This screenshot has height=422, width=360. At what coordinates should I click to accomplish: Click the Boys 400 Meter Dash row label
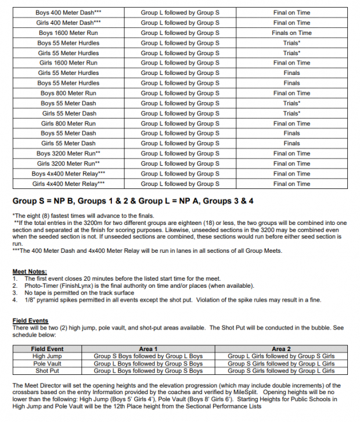[x=68, y=13]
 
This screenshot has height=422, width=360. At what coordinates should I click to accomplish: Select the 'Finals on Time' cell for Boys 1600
[x=291, y=33]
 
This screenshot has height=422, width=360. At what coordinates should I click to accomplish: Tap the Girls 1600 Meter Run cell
[x=68, y=63]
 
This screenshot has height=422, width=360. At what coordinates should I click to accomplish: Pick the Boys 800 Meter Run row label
[x=68, y=93]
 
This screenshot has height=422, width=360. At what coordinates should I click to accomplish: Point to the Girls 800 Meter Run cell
[x=68, y=123]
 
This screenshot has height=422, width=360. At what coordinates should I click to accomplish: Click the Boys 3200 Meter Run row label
[x=68, y=153]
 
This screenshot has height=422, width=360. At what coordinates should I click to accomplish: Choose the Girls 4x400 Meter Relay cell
[x=68, y=184]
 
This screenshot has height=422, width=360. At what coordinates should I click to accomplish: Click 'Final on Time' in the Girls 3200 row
[x=291, y=164]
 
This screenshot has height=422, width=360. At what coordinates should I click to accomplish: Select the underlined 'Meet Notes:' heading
[x=30, y=271]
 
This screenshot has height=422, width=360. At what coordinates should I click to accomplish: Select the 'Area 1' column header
[x=148, y=349]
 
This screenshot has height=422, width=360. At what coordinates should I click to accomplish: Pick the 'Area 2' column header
[x=281, y=349]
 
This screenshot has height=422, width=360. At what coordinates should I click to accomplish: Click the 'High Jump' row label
[x=47, y=356]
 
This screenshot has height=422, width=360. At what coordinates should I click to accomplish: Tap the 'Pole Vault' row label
[x=47, y=363]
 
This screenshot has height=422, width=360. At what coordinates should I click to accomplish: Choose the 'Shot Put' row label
[x=47, y=370]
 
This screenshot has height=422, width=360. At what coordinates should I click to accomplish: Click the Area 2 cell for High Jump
[x=281, y=356]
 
